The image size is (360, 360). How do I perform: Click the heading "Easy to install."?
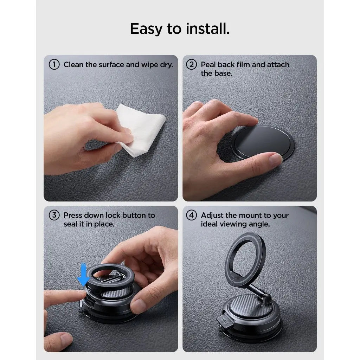click(x=180, y=29)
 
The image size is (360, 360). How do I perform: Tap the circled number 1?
click(x=54, y=65)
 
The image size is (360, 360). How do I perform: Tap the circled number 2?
click(x=192, y=65)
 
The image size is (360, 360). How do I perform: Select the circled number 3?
click(x=54, y=216)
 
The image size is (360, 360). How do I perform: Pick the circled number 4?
click(x=192, y=216)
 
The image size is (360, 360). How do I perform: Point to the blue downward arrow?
click(x=83, y=274)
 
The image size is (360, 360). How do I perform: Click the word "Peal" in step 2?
click(x=208, y=65)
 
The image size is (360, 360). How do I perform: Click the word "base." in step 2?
click(x=223, y=73)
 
